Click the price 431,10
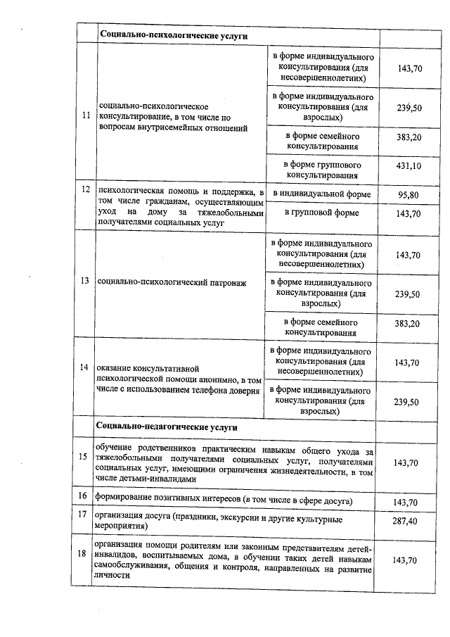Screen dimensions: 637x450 click(x=408, y=166)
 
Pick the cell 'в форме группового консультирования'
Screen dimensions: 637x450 click(x=322, y=166)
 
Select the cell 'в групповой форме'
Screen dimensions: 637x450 click(x=322, y=213)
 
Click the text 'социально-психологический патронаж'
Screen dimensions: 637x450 click(x=172, y=282)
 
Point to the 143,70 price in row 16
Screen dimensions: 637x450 click(x=408, y=502)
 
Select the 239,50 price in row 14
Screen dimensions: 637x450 click(x=408, y=402)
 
